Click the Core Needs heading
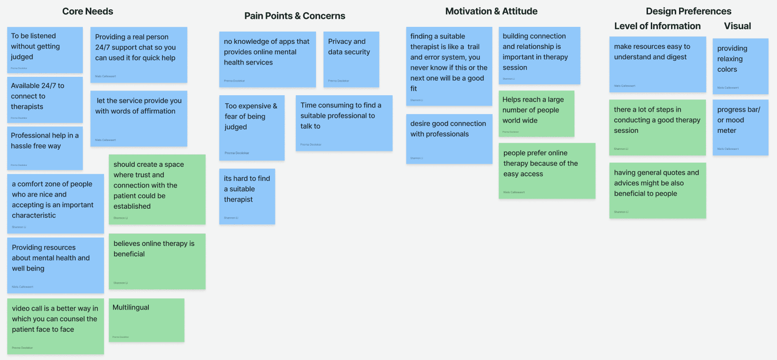[x=88, y=11]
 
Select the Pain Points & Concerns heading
[x=294, y=16]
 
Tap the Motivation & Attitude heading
[x=491, y=11]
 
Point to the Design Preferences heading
[x=688, y=11]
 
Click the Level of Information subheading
[x=657, y=26]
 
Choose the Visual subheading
[x=737, y=26]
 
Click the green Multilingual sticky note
[x=146, y=320]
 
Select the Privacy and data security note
[x=351, y=59]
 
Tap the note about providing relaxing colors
[x=740, y=66]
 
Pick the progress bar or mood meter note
[x=740, y=127]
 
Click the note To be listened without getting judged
[x=45, y=49]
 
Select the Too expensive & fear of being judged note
[x=251, y=128]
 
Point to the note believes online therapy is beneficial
[x=157, y=261]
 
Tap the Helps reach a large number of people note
[x=536, y=114]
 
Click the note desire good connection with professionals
[x=449, y=139]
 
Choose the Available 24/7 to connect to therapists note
[x=45, y=99]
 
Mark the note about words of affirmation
[x=138, y=118]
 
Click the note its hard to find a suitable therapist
[x=247, y=196]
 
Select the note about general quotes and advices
[x=657, y=190]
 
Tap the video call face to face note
[x=55, y=326]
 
